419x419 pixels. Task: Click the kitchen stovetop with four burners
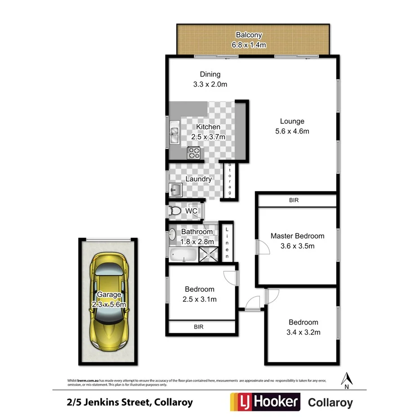click(194, 153)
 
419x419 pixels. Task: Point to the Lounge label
click(292, 121)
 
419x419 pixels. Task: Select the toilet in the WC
click(175, 210)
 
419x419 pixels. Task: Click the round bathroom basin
click(172, 234)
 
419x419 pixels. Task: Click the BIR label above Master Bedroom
click(294, 200)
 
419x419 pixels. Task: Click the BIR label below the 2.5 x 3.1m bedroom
click(199, 327)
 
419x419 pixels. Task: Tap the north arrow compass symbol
click(346, 380)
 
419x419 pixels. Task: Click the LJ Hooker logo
click(265, 401)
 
